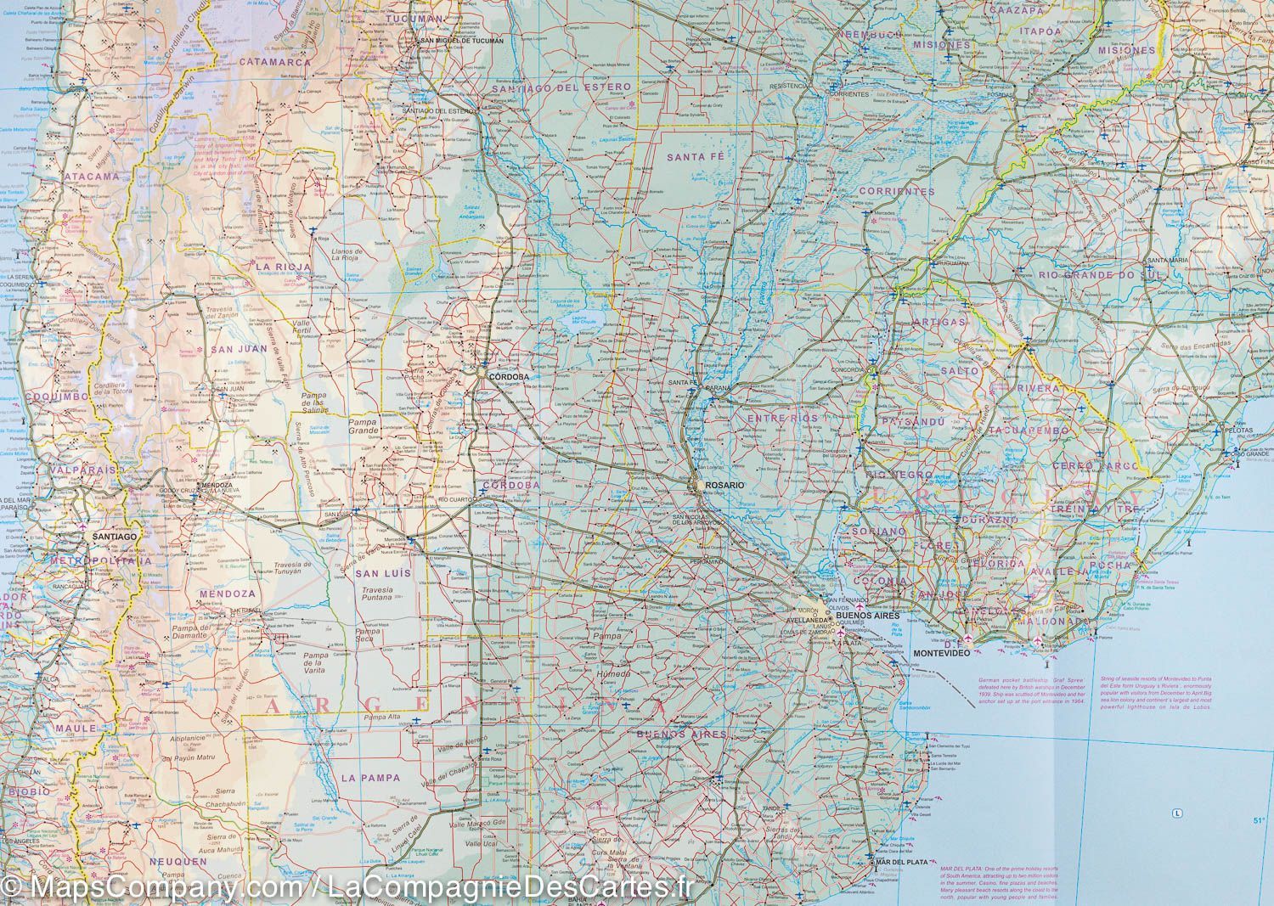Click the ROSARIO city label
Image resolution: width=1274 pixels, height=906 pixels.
(723, 484)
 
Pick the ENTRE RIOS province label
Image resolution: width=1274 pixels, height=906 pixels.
(782, 419)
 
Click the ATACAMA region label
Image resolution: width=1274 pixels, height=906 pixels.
(91, 177)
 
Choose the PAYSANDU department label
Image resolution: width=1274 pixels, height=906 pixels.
(913, 421)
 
